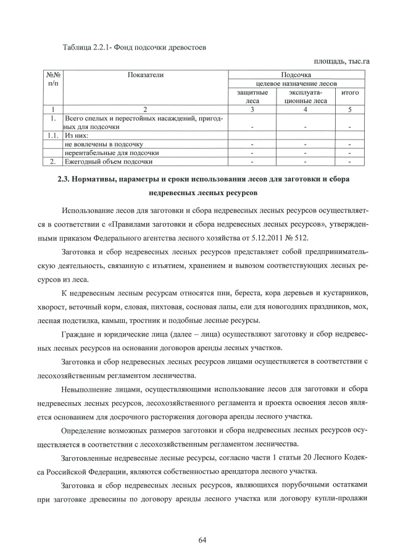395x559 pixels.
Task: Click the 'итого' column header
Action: pos(350,92)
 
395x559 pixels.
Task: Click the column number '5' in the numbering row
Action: pos(350,109)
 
